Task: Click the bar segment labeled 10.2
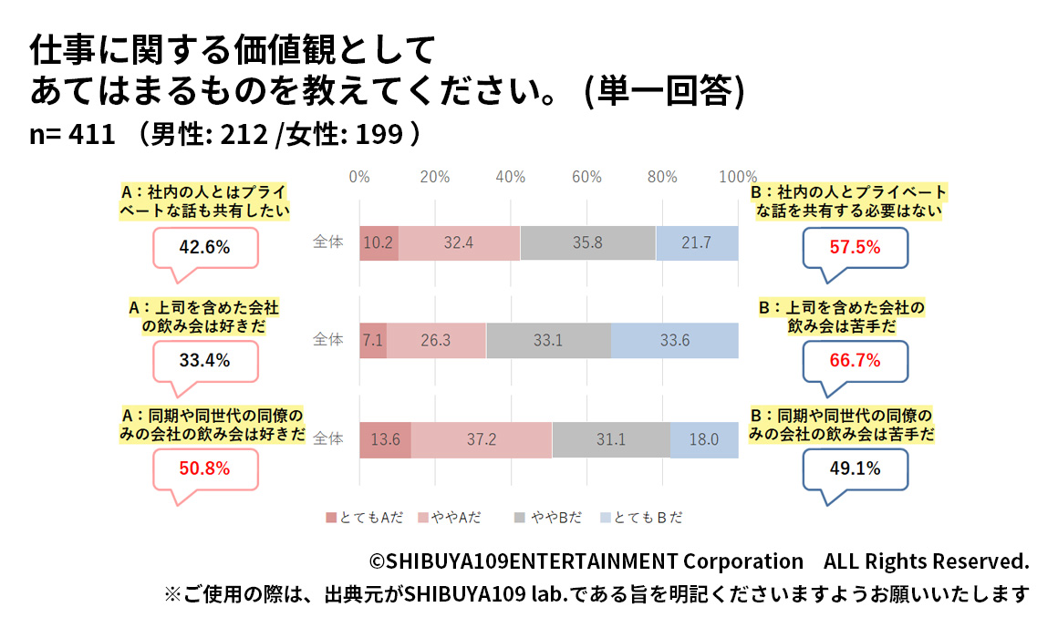click(379, 242)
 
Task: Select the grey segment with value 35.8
click(588, 242)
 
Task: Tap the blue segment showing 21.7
click(697, 242)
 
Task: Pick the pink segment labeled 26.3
click(436, 340)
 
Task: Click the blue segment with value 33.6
click(675, 340)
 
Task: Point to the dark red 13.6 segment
click(385, 439)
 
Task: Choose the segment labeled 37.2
click(481, 439)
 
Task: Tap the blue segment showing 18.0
click(704, 439)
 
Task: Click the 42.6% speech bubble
click(204, 247)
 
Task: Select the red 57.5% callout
click(855, 247)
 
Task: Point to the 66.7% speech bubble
click(855, 360)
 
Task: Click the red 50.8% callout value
click(204, 469)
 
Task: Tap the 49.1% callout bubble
click(855, 469)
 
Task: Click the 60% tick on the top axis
click(586, 177)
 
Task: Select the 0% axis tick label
click(359, 177)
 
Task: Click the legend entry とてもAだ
click(365, 518)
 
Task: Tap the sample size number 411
click(95, 134)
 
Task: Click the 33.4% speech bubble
click(204, 360)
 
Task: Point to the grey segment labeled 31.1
click(611, 439)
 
